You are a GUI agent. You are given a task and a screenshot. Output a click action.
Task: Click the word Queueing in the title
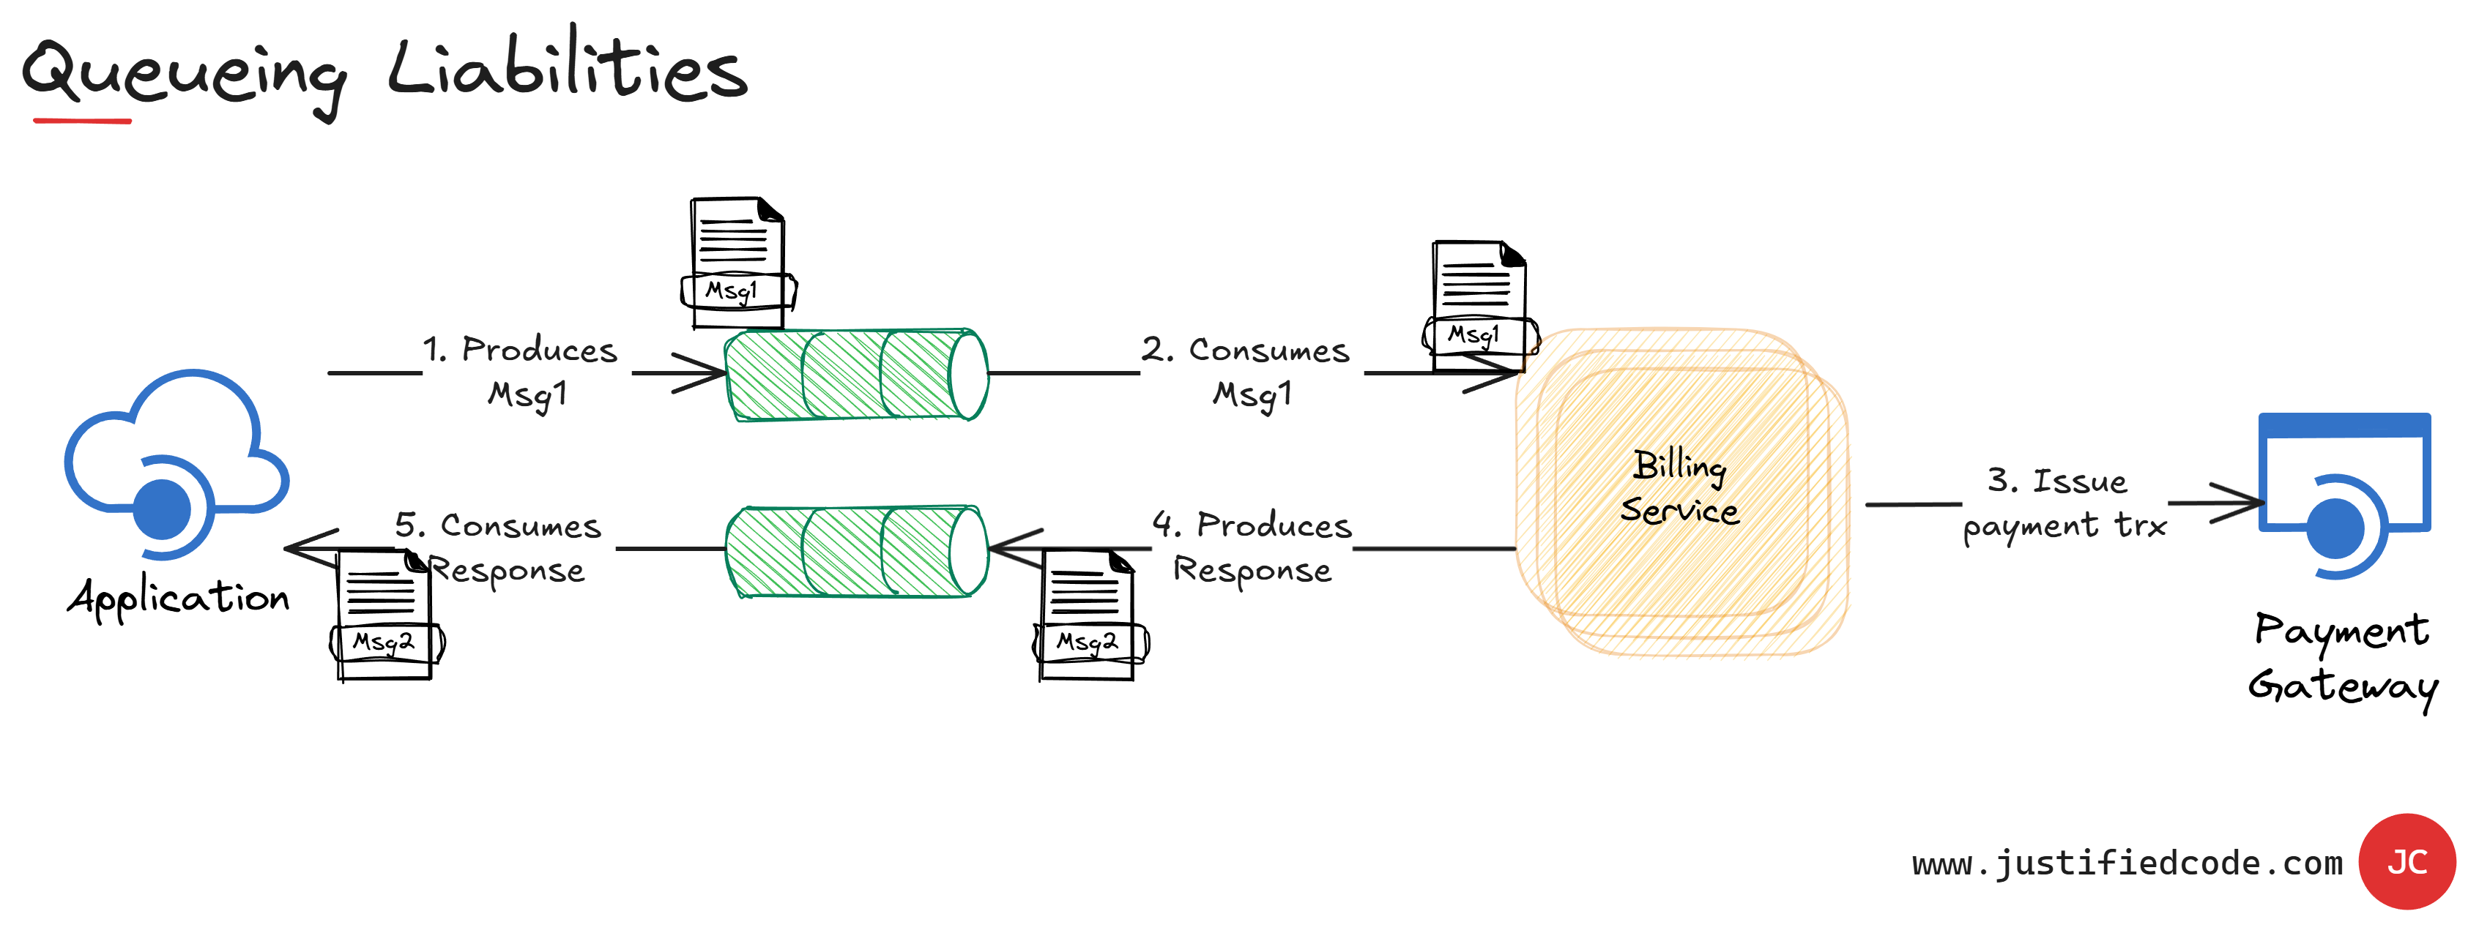tap(183, 72)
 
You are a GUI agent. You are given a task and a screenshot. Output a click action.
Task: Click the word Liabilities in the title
tap(568, 67)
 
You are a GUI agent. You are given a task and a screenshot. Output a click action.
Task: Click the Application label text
tap(179, 599)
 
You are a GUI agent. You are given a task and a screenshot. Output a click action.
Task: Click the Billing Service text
tap(1680, 487)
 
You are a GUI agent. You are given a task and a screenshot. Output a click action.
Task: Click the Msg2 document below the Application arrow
tap(385, 615)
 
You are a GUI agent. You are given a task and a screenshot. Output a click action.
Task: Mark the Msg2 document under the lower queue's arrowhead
tap(1088, 615)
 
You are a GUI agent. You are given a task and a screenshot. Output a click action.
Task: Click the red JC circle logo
tap(2406, 862)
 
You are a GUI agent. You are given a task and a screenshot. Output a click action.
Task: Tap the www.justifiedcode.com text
tap(2127, 863)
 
